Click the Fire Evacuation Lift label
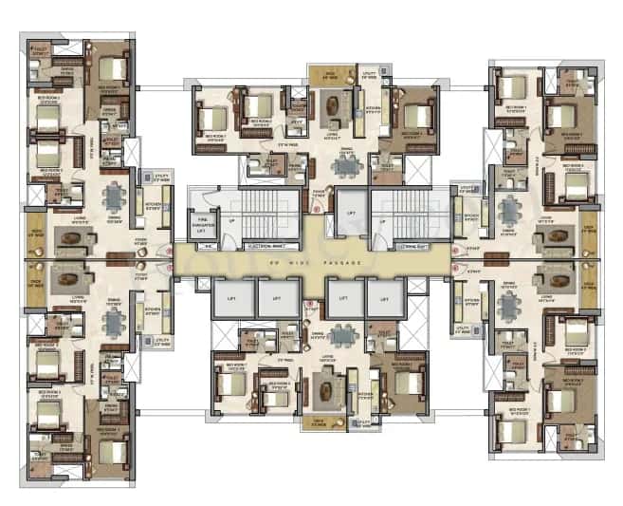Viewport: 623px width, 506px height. click(201, 224)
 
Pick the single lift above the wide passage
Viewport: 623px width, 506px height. click(350, 214)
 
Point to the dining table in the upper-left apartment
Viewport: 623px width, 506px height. click(114, 197)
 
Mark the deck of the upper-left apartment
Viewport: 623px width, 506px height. click(37, 233)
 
